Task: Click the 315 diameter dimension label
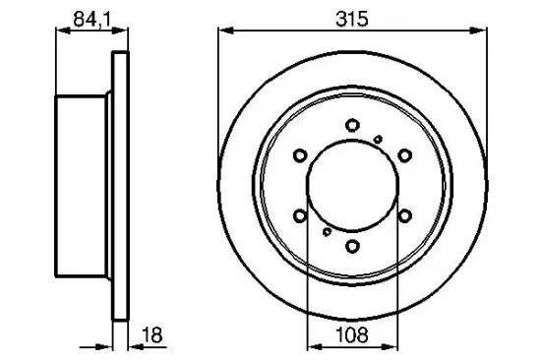[352, 19]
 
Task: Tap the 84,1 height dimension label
[91, 19]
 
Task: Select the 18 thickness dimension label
[152, 334]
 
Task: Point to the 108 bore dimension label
[352, 334]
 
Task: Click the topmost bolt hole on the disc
[352, 125]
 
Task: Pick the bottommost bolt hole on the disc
[352, 246]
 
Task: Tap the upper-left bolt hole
[300, 155]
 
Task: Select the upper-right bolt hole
[404, 155]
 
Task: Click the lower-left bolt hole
[300, 216]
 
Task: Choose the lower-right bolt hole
[404, 216]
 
